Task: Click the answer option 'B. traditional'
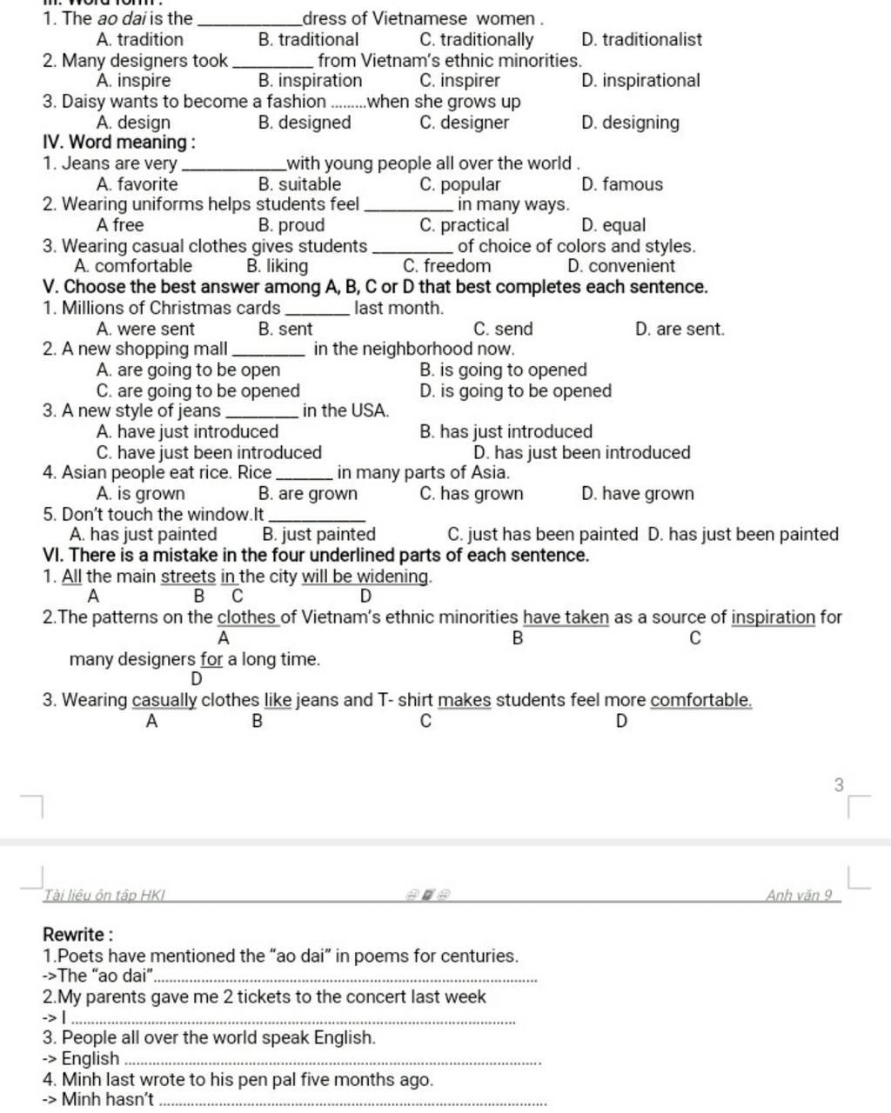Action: pos(308,39)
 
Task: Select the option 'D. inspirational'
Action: pos(640,81)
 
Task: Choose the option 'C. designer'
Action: pos(464,123)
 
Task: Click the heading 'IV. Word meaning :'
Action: pos(119,143)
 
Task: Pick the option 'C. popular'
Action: pos(459,184)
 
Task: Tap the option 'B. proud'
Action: pos(291,225)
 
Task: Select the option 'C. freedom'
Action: pos(446,266)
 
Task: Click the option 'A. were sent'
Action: pos(145,329)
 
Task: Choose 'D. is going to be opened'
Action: pos(515,390)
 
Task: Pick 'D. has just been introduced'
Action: pos(581,452)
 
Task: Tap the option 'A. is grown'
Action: pos(140,494)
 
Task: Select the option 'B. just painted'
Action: pos(318,535)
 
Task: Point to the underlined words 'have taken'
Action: pos(566,617)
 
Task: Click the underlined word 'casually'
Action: pos(164,700)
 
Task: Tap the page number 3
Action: pos(839,784)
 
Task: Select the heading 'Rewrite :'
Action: pos(77,935)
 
